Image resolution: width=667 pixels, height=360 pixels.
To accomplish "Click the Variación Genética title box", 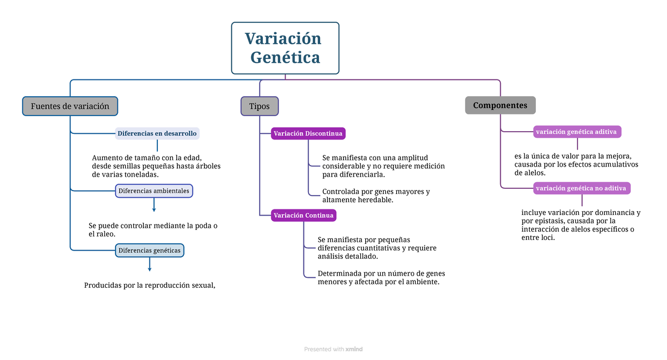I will pos(285,48).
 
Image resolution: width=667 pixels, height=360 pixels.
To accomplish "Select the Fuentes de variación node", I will pos(70,106).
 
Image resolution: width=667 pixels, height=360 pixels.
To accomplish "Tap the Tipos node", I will pos(260,106).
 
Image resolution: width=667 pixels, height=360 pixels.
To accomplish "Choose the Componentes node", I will pos(500,105).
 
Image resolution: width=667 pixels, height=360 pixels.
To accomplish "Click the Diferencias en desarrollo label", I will pos(157,133).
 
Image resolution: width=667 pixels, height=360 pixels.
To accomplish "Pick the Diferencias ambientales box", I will pos(153,191).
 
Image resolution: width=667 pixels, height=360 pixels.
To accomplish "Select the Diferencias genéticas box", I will pos(150,251).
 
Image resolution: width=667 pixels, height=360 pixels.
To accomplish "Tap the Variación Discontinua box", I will pos(308,133).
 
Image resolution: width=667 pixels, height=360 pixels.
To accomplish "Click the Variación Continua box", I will pos(303,215).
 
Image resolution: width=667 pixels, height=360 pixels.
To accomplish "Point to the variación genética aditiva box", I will pos(577,132).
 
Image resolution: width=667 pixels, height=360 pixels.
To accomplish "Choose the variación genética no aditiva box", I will pos(581,188).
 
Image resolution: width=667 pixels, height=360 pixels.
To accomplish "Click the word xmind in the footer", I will pos(354,349).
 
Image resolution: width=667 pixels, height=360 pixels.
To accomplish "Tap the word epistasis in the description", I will pos(546,221).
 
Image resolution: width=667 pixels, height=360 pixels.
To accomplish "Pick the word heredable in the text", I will pos(378,200).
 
